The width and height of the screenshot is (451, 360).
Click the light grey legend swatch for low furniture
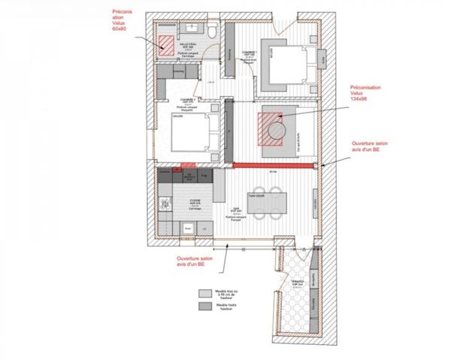tap(204, 294)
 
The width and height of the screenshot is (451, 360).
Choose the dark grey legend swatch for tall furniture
tap(204, 307)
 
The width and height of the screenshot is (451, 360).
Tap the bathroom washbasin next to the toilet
tap(195, 28)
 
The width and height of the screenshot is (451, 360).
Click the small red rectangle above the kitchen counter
tap(188, 165)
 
